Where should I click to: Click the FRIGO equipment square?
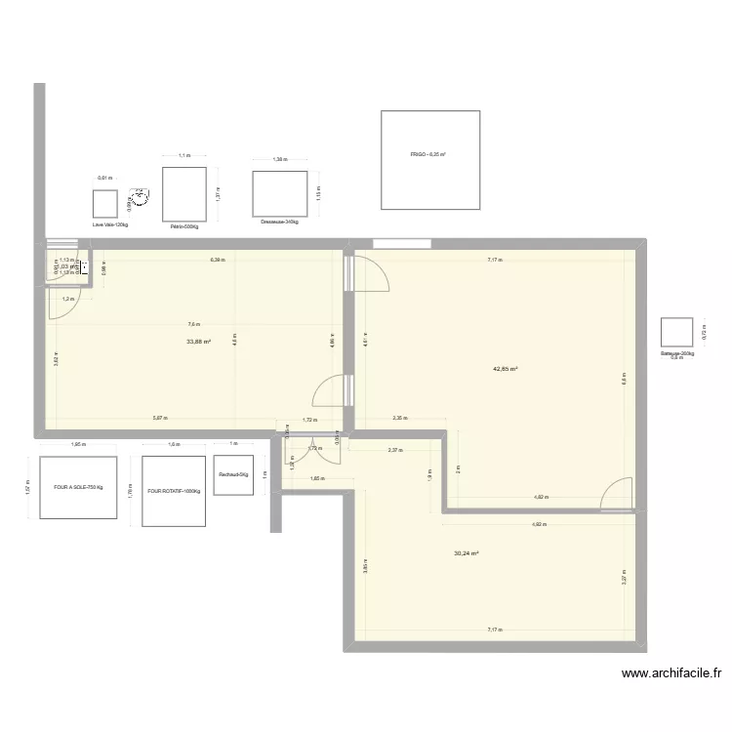click(429, 159)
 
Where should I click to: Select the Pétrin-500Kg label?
click(183, 225)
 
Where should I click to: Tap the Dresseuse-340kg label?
click(279, 222)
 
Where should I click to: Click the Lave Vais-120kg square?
click(105, 203)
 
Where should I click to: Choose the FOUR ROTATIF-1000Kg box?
click(174, 491)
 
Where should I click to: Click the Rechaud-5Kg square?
click(233, 475)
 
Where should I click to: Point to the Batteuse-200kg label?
click(676, 353)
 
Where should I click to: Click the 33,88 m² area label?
click(199, 343)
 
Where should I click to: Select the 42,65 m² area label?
click(506, 369)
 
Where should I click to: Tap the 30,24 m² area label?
click(466, 553)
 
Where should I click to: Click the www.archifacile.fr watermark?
click(671, 672)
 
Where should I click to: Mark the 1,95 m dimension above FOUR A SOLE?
click(78, 445)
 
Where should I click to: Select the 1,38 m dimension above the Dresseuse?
click(280, 159)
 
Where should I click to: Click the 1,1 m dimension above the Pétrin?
click(183, 155)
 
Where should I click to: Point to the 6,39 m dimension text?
click(217, 260)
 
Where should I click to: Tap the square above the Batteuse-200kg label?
click(676, 333)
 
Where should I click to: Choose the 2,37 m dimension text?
click(394, 450)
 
